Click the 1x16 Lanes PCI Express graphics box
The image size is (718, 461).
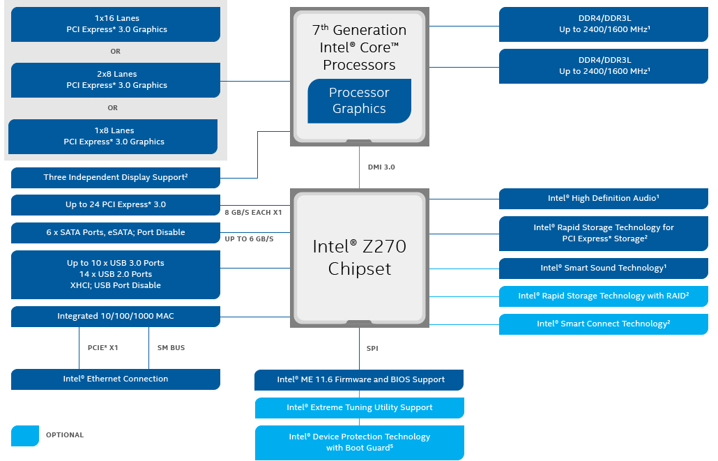click(x=116, y=24)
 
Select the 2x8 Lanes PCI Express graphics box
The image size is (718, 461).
click(x=116, y=80)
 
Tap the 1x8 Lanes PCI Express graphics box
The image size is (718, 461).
click(x=113, y=136)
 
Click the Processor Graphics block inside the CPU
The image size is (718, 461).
click(x=359, y=100)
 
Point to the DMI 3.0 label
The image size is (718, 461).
click(x=381, y=167)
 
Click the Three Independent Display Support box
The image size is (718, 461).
click(x=116, y=178)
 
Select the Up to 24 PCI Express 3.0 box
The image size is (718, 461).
click(x=116, y=205)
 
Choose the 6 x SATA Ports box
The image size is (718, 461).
click(x=116, y=233)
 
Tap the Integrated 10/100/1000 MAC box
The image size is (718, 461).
click(x=116, y=317)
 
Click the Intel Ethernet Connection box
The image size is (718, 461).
click(x=116, y=379)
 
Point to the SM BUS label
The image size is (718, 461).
click(x=171, y=347)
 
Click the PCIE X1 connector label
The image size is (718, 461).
click(x=103, y=347)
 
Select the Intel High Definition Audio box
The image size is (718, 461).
click(x=603, y=199)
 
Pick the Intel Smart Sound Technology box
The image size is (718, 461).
click(x=603, y=269)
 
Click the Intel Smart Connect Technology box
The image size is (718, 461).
click(x=603, y=324)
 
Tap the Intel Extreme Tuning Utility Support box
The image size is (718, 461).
click(x=360, y=408)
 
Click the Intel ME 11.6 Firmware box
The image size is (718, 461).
click(x=360, y=380)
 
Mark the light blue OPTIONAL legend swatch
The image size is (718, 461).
click(x=25, y=435)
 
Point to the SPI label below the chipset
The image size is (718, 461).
click(x=372, y=348)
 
